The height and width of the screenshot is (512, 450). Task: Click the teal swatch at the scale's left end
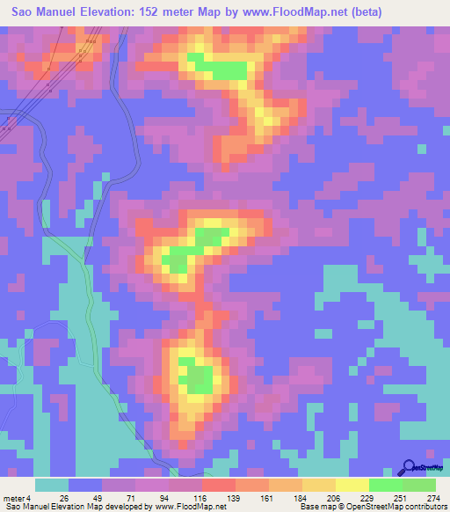(x=51, y=485)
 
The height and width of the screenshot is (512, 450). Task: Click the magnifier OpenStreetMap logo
(x=408, y=467)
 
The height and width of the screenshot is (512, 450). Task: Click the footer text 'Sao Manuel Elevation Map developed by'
(x=77, y=506)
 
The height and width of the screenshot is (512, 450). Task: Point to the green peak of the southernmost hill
(x=194, y=375)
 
